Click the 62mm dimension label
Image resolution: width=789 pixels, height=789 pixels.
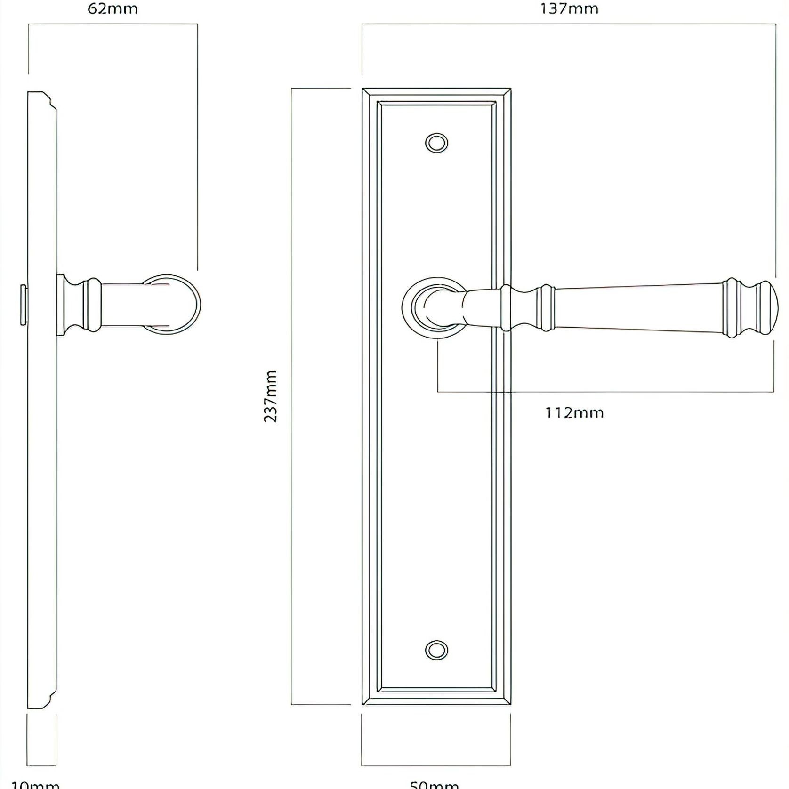[x=113, y=9]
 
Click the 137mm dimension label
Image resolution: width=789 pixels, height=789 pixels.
[x=569, y=9]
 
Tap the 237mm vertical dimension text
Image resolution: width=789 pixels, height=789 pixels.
[x=271, y=396]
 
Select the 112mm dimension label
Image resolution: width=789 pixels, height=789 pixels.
[x=574, y=413]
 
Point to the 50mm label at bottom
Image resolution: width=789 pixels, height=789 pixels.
[x=434, y=784]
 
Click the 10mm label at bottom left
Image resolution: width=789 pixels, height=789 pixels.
[x=35, y=784]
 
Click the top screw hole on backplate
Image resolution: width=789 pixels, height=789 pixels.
[x=436, y=143]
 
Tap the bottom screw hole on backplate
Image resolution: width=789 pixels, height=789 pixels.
[x=436, y=650]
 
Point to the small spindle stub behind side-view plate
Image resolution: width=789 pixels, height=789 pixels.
[x=23, y=305]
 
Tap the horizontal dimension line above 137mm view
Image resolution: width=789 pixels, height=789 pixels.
[x=569, y=24]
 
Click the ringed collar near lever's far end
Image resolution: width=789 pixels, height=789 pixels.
[x=732, y=308]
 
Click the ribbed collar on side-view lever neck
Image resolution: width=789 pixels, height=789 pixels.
[x=92, y=305]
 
